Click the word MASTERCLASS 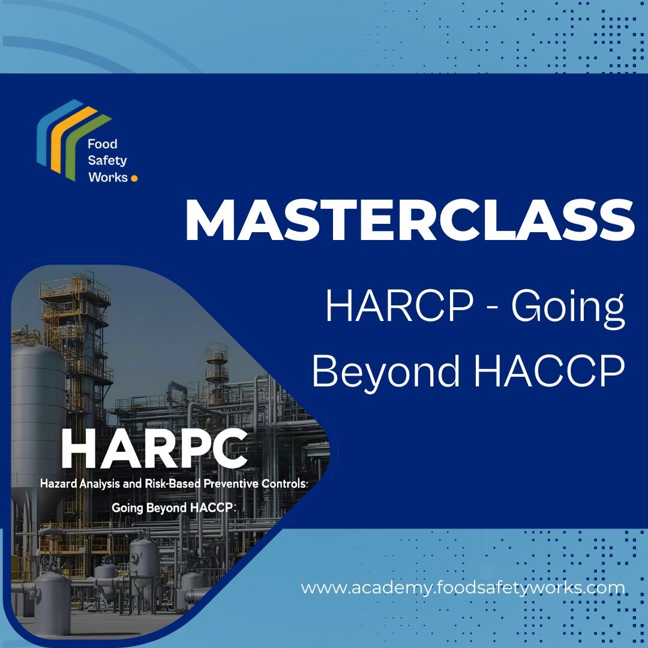pos(409,220)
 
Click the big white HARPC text pos(154,448)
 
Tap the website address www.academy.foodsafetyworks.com pos(463,587)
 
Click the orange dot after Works pos(134,178)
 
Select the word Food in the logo pos(102,144)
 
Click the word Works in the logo pos(108,177)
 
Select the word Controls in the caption pos(278,483)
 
